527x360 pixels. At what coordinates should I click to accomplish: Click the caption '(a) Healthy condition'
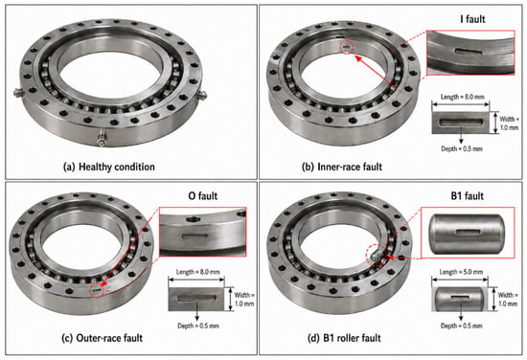109,167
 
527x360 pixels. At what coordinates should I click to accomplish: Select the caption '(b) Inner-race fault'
342,167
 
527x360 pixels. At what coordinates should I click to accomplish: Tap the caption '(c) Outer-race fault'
103,338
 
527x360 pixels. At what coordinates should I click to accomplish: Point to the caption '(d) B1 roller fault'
344,338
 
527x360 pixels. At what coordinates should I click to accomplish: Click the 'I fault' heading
472,19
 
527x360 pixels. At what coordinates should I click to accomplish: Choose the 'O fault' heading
203,195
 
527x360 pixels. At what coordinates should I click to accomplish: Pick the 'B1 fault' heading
468,195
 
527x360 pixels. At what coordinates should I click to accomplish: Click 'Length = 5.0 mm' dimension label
461,272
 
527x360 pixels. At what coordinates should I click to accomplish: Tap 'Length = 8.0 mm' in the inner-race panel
463,97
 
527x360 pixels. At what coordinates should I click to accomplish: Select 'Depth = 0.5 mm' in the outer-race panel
198,326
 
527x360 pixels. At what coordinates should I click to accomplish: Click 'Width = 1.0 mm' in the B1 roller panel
508,300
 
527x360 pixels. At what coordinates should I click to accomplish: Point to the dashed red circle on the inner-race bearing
347,48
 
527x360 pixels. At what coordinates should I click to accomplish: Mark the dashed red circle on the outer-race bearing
98,290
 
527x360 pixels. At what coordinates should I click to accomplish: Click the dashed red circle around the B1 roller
378,256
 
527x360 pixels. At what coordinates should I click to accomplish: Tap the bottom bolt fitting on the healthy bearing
101,139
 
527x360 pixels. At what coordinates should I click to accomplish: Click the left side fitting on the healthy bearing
19,92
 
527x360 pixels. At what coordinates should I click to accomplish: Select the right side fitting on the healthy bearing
201,96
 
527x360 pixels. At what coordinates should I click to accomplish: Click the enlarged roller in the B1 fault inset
467,234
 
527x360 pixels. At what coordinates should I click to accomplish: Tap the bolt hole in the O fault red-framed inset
193,219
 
